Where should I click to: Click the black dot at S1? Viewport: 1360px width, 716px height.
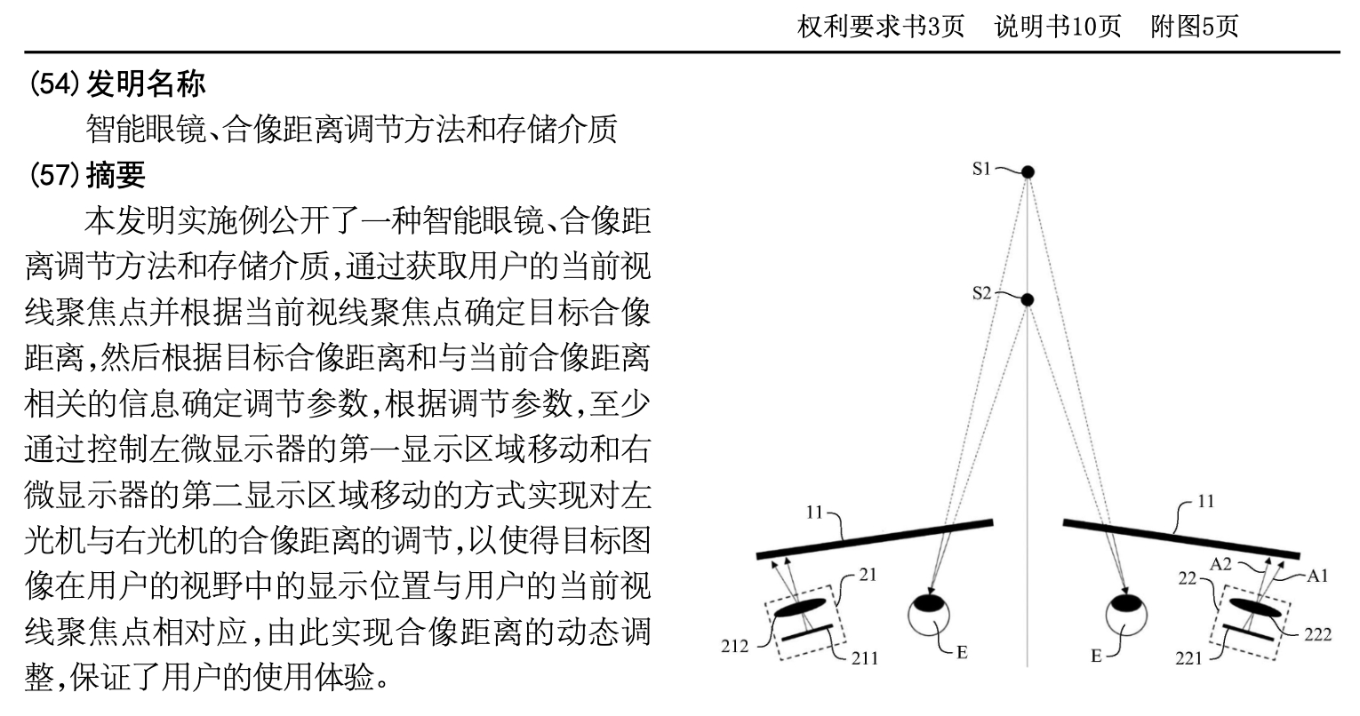click(x=1028, y=172)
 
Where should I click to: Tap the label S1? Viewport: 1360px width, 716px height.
click(x=981, y=169)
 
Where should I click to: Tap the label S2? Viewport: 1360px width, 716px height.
click(x=981, y=293)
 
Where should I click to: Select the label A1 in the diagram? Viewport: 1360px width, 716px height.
click(x=1317, y=576)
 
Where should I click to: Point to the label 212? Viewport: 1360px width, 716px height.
click(x=734, y=645)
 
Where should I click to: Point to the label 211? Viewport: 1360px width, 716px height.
click(x=864, y=657)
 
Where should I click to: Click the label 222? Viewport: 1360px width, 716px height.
click(x=1317, y=634)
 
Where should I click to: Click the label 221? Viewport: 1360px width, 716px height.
click(x=1188, y=658)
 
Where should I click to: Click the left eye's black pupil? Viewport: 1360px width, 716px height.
click(x=928, y=603)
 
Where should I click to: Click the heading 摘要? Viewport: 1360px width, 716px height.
click(x=116, y=175)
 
